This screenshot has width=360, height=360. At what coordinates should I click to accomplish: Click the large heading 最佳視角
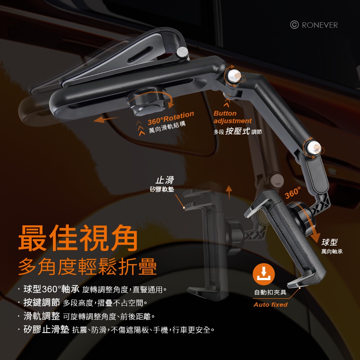click(78, 238)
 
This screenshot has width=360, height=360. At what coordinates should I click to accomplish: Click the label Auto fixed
click(270, 305)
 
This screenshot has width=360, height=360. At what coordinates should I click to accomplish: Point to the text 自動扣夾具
click(270, 292)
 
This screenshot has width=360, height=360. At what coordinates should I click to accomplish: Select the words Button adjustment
click(232, 117)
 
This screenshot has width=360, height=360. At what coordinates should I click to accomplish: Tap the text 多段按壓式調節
click(238, 132)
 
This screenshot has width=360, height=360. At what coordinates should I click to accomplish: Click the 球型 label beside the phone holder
click(329, 242)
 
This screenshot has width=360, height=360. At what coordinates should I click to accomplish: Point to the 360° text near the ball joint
click(293, 193)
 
